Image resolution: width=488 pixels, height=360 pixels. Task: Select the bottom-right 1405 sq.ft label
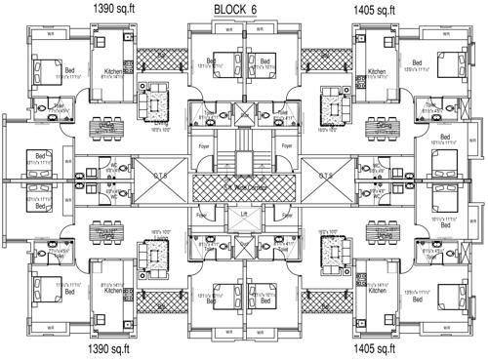point(376,348)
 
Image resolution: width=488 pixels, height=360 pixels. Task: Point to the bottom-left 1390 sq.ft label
point(113,348)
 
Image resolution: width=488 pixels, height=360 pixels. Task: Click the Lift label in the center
point(244,213)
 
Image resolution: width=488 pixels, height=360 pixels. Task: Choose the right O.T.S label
point(326,177)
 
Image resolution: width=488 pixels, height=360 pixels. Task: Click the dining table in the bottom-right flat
point(384,234)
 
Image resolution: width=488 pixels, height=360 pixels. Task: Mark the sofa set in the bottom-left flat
point(153,255)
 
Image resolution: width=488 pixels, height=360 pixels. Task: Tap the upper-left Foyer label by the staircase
point(204,147)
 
